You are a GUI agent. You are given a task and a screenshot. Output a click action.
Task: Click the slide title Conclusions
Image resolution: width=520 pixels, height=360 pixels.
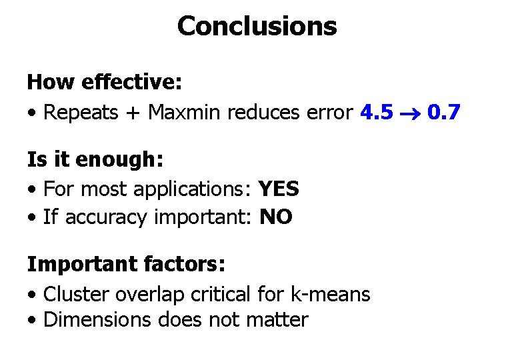click(x=257, y=27)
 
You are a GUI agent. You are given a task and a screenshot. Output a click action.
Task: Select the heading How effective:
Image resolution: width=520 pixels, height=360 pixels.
click(x=105, y=83)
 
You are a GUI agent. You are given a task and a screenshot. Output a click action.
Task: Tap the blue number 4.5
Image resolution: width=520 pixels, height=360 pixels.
click(x=376, y=112)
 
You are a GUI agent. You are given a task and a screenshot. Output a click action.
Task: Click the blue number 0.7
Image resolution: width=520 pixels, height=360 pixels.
click(x=443, y=112)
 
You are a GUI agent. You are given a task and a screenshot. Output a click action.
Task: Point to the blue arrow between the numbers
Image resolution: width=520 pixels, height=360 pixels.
click(x=410, y=113)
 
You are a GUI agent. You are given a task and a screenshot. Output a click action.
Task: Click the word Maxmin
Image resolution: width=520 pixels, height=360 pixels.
click(x=184, y=112)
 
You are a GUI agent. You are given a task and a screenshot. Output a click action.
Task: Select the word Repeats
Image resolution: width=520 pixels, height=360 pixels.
click(x=81, y=112)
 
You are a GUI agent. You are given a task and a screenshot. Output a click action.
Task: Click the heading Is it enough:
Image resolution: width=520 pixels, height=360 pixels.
click(x=95, y=160)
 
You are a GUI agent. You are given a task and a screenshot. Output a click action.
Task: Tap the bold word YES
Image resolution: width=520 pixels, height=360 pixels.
click(x=279, y=189)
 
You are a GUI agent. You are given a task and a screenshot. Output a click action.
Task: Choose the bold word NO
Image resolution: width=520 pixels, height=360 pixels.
click(x=276, y=217)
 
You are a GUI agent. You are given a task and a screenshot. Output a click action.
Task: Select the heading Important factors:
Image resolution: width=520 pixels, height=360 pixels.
click(x=126, y=265)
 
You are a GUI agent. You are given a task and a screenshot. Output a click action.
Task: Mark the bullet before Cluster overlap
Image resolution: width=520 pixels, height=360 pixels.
click(x=32, y=295)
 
